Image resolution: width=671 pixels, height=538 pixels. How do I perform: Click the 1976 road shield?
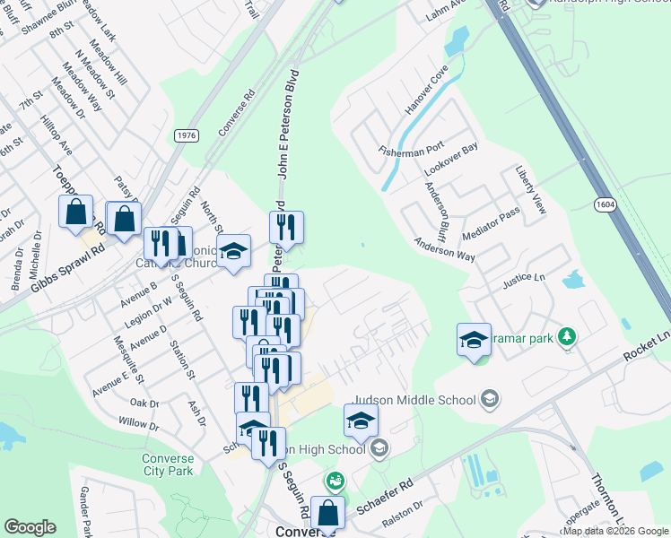(x=187, y=135)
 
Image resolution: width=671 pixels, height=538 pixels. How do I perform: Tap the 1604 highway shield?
(x=604, y=205)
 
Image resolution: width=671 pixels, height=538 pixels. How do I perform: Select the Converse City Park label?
(x=168, y=464)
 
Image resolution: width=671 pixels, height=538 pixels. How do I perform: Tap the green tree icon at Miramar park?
(x=566, y=337)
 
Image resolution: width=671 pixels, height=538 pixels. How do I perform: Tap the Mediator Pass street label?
(x=490, y=223)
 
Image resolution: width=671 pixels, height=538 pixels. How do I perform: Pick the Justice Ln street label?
(x=524, y=279)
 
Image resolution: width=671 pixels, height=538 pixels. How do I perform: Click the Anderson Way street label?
(x=444, y=248)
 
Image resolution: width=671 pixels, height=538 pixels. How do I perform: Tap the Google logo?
(x=30, y=526)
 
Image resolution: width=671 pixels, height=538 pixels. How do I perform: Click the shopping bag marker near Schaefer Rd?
(x=327, y=513)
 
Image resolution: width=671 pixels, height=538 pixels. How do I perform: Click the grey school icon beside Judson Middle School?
(x=490, y=398)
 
